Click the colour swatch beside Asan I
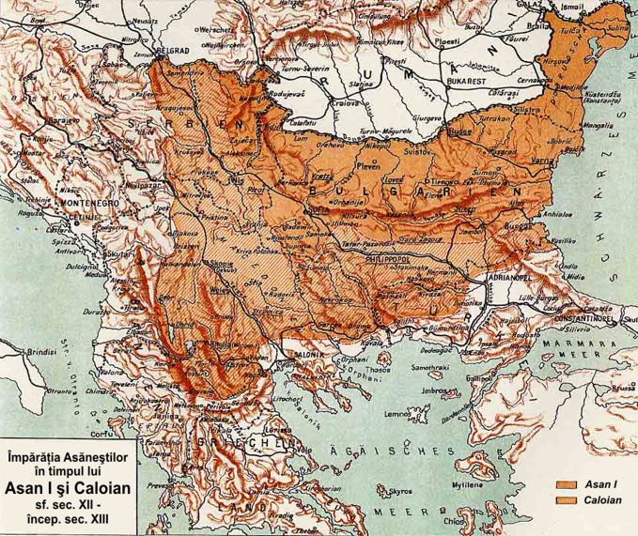(x=565, y=485)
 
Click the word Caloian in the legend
(x=603, y=500)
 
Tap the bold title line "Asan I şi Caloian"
(x=69, y=488)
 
